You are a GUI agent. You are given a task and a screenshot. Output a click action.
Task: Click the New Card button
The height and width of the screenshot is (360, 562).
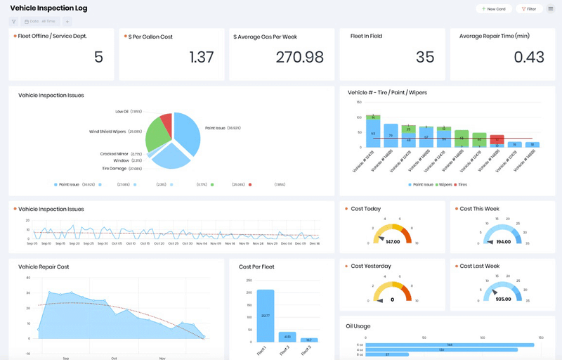click(493, 9)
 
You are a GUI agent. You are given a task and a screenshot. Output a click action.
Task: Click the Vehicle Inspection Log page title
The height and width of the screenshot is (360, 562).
click(48, 8)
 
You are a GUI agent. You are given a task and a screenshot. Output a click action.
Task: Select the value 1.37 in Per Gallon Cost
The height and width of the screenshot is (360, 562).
click(202, 58)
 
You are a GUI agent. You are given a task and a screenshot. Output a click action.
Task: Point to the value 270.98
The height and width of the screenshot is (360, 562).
click(300, 58)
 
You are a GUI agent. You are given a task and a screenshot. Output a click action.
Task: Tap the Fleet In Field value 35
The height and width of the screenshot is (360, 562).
click(424, 58)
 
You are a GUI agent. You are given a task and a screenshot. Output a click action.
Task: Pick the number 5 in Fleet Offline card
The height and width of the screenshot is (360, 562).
click(98, 58)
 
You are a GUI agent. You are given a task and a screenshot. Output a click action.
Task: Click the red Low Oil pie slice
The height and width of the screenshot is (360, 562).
click(166, 124)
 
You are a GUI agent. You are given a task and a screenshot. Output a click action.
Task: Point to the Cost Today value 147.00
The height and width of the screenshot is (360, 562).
click(393, 241)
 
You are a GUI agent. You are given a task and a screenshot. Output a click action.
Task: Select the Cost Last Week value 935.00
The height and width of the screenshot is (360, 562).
click(503, 299)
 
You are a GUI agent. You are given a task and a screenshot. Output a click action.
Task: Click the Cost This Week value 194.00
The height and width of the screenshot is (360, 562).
click(503, 241)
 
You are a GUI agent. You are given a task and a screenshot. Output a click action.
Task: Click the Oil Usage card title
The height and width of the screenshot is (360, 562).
click(359, 326)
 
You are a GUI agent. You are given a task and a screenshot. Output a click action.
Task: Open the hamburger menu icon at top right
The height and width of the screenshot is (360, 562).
click(551, 9)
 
